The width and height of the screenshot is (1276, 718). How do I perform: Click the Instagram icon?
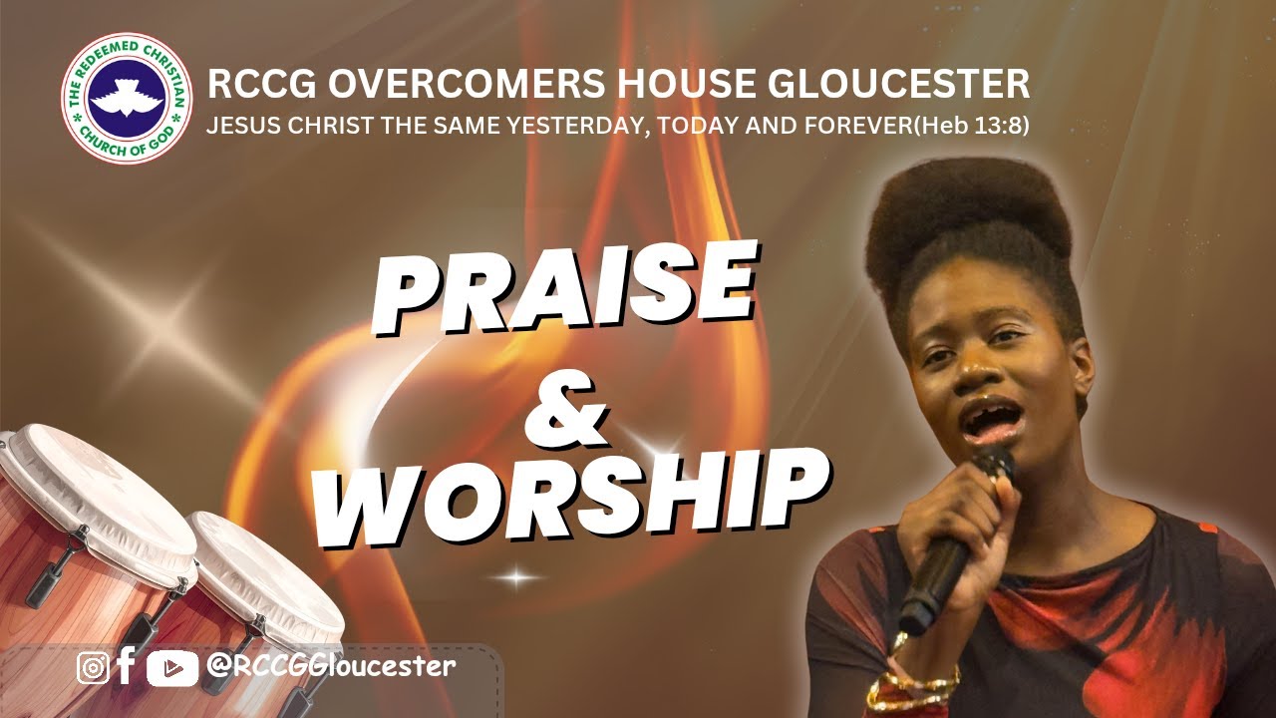coord(93,667)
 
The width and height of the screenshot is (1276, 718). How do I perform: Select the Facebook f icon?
coord(126,665)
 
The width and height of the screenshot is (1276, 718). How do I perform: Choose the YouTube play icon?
coord(171,667)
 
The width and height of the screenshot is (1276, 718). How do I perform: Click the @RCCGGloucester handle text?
coord(330,666)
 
